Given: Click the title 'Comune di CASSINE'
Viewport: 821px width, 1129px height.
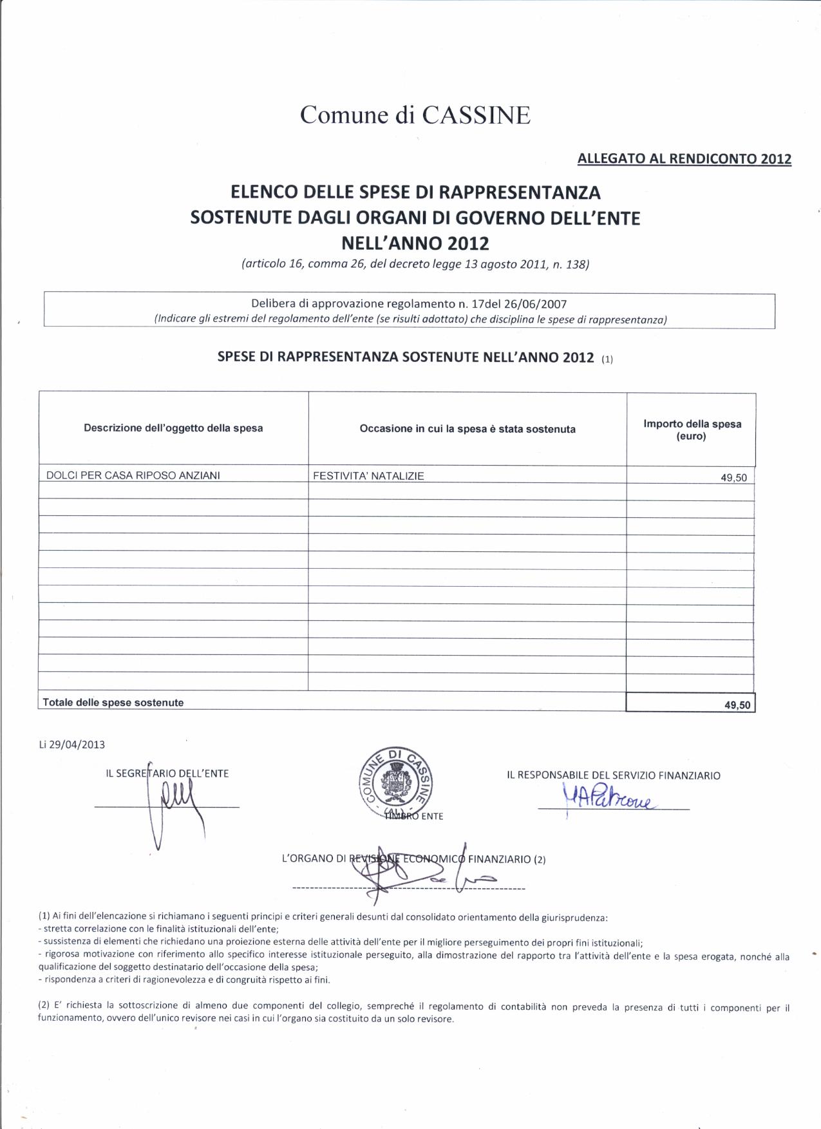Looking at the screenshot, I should (415, 115).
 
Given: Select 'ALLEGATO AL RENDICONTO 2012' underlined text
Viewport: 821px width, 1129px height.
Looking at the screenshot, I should (684, 158).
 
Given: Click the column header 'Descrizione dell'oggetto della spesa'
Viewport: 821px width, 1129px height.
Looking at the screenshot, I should (173, 428).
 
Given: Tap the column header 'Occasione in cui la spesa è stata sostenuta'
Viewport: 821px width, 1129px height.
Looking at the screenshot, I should (467, 429).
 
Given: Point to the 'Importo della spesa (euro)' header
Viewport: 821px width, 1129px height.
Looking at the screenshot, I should (692, 430).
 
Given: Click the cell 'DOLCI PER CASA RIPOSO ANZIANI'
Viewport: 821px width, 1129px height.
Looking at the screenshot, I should (133, 475).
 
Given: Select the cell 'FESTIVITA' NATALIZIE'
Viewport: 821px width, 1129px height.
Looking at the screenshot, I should (368, 476).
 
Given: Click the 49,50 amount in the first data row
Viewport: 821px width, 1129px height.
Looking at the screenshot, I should (733, 478).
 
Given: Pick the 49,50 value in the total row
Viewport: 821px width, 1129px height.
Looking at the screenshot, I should (737, 705).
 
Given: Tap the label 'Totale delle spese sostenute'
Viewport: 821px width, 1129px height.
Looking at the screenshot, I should (113, 703).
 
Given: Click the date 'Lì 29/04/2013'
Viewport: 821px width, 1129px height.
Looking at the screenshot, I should (72, 745).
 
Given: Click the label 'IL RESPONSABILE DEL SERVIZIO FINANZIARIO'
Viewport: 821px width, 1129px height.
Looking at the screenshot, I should (613, 775).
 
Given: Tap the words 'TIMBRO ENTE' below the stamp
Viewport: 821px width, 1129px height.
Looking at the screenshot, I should (413, 816).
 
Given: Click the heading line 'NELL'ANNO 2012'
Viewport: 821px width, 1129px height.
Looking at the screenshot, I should (415, 244).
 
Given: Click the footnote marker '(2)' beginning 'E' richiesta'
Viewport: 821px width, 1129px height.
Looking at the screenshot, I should (44, 1007).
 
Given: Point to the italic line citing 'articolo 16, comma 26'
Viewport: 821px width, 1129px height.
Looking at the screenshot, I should (415, 264).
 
